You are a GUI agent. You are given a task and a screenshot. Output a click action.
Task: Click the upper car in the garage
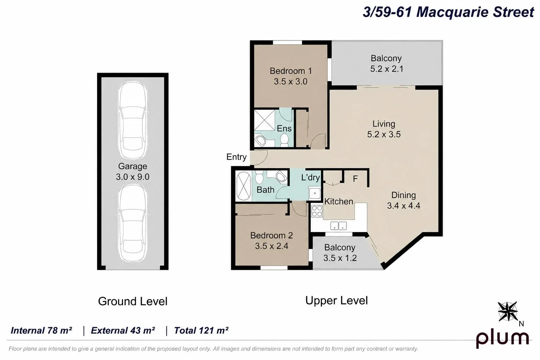[133, 120]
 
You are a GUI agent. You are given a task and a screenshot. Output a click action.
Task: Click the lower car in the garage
[133, 223]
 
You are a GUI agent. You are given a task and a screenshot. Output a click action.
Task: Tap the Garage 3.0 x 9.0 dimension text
[133, 177]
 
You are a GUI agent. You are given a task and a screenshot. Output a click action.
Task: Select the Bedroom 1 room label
[291, 71]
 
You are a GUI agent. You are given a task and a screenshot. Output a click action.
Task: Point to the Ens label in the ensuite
[284, 129]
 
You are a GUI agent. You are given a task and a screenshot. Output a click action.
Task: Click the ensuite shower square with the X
[264, 120]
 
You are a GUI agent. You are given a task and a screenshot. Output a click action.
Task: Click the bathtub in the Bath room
[244, 186]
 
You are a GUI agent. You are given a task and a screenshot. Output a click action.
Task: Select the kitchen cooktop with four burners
[317, 211]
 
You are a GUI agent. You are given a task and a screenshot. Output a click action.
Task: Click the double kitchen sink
[339, 226]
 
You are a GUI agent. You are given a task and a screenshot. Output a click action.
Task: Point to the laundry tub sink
[315, 193]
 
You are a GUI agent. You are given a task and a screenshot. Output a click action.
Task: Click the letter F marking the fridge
[355, 179]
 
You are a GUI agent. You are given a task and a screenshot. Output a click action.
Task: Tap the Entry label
[237, 157]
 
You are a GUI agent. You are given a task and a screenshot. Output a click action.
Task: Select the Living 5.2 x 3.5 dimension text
[384, 134]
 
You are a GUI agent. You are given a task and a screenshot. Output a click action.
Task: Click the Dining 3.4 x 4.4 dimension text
[404, 206]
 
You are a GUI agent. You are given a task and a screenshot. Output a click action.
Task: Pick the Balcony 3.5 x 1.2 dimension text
[340, 258]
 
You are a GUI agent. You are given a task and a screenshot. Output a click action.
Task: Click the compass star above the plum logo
[508, 311]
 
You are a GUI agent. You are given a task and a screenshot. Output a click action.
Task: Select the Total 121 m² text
[201, 330]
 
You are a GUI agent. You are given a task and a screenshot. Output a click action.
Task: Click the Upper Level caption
[336, 301]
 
